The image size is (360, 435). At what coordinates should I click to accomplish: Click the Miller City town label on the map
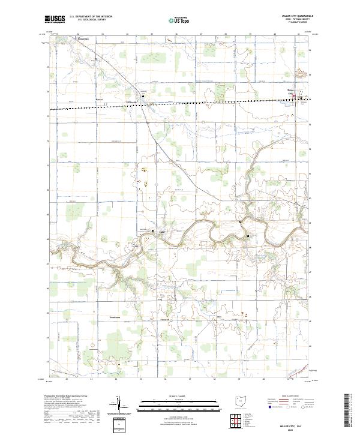point(292,91)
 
